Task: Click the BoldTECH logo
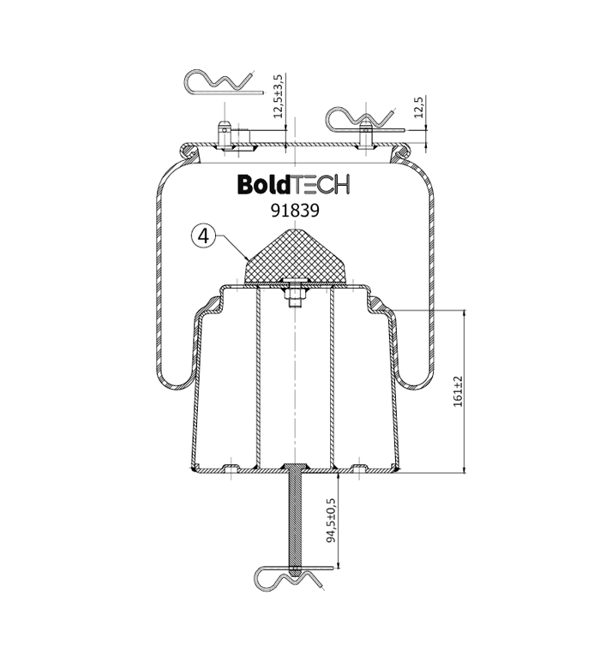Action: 294,184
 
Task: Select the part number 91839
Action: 295,211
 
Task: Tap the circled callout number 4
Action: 203,236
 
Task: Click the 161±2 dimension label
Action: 458,391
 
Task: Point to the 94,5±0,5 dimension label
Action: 331,520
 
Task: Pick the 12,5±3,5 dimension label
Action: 279,96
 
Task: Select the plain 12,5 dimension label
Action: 417,107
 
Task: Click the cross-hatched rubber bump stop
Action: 296,256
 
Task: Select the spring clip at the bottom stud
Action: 291,579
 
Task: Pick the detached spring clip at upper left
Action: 224,82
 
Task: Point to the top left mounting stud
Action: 225,134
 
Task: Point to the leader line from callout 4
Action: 231,247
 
